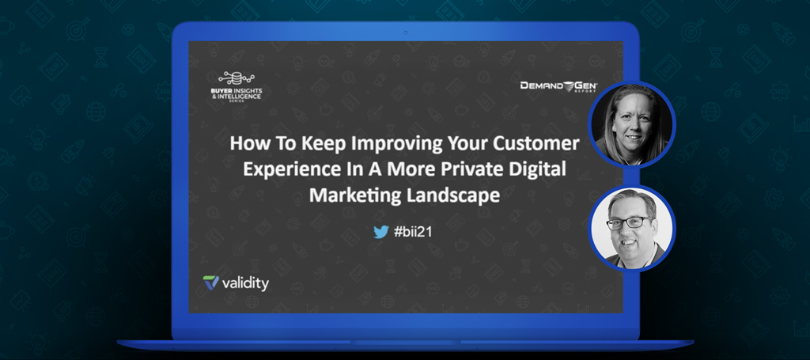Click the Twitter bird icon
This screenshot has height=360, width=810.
coord(380,232)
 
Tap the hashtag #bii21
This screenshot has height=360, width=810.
coord(413,232)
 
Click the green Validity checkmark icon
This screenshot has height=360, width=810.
coord(210,282)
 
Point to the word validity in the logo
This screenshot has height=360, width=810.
coord(245,283)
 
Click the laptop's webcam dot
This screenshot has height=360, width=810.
coord(405,32)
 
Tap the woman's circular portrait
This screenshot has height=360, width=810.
coord(632,124)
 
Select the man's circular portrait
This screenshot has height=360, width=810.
coord(632,229)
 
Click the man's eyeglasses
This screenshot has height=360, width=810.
coord(629,222)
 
